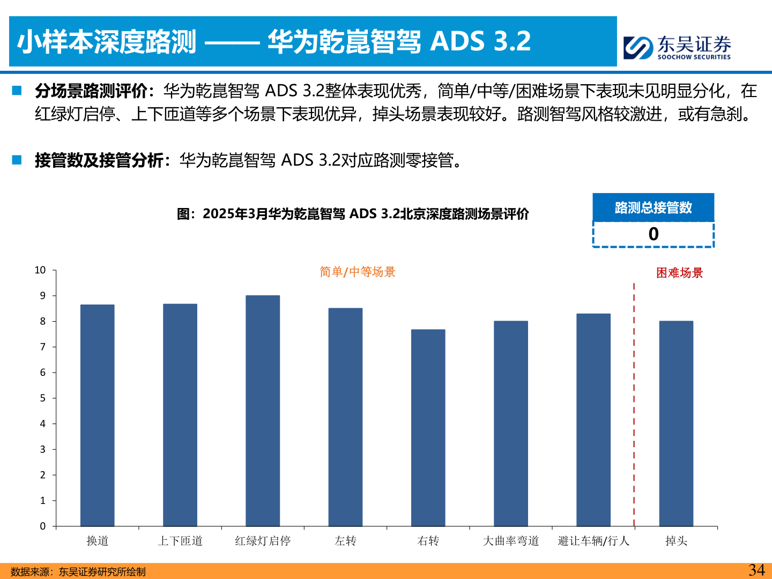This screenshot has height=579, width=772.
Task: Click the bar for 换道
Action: (97, 415)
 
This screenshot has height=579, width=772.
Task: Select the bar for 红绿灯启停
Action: (263, 411)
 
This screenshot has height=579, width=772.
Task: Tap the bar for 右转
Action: (428, 428)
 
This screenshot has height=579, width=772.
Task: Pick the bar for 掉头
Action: (676, 424)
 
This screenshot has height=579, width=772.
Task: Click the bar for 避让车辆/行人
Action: (593, 420)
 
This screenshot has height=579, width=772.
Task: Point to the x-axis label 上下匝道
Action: (180, 541)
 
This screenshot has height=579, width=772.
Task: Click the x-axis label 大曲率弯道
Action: (510, 541)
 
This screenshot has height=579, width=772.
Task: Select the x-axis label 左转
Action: (345, 541)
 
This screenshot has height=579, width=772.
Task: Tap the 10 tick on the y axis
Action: (41, 270)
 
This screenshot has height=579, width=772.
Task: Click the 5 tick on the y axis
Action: (43, 398)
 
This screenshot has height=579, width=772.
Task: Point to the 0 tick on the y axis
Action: (43, 526)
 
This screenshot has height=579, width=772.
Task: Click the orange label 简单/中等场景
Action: (357, 272)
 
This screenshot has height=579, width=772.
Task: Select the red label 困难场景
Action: (679, 273)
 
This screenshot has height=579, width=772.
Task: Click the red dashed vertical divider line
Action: (634, 402)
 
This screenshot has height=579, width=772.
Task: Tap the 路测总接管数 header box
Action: (653, 207)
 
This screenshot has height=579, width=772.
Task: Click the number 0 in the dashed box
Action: (653, 234)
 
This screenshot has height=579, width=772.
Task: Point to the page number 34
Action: (756, 570)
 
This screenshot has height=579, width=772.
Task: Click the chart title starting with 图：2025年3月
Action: (353, 214)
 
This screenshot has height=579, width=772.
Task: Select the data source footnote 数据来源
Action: (78, 572)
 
